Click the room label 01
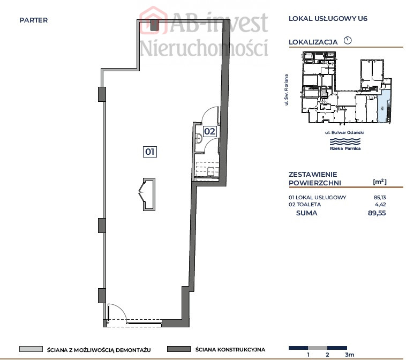pos(149,152)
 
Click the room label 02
pos(209,131)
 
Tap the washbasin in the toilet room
pos(199,138)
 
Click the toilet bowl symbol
pos(210,171)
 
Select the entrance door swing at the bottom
pos(117,313)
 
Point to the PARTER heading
pos(33,20)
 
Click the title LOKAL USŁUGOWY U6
pos(328,18)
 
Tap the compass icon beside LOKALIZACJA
pos(348,40)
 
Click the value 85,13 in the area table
pos(380,197)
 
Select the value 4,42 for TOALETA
pos(380,204)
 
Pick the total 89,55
pos(377,213)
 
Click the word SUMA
pos(306,213)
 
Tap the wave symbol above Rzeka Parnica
pos(345,141)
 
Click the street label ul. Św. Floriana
pos(286,90)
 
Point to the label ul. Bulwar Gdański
pos(344,132)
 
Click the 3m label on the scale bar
pos(349,355)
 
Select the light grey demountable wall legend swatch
pos(31,349)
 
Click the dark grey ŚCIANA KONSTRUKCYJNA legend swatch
pos(179,349)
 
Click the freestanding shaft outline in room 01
pos(149,194)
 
